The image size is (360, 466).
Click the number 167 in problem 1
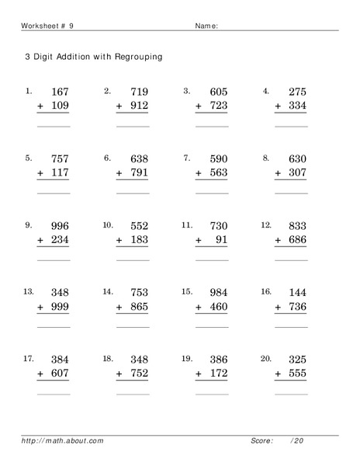click(59, 92)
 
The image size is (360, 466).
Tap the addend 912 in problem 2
click(139, 106)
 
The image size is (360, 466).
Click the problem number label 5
click(28, 158)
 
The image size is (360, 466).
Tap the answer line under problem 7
click(212, 193)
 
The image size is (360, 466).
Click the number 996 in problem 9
click(59, 227)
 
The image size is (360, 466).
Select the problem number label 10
click(107, 225)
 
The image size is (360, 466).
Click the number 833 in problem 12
click(297, 227)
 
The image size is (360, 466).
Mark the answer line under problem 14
click(133, 328)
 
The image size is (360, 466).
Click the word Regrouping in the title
click(137, 57)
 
